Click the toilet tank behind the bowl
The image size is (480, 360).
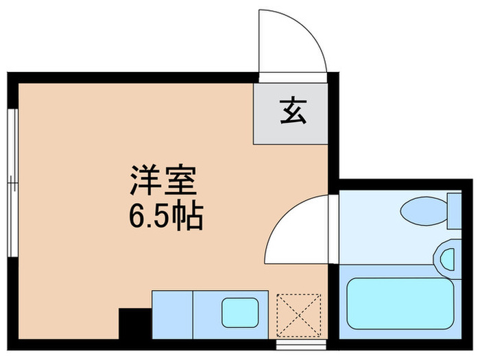pos(453,211)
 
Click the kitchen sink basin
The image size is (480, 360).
pos(238,313)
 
